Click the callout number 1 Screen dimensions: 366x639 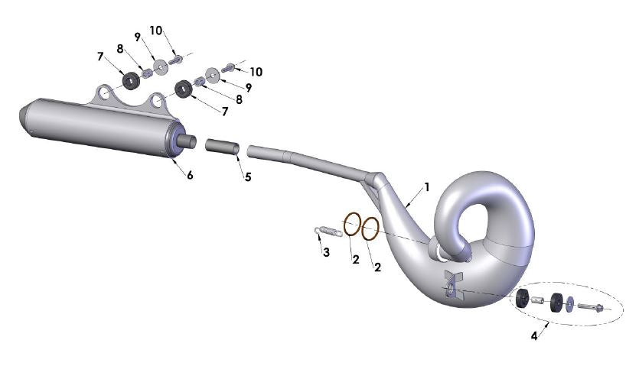pyautogui.click(x=427, y=186)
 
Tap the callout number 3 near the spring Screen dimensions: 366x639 pyautogui.click(x=326, y=252)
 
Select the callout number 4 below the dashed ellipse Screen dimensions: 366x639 pyautogui.click(x=533, y=335)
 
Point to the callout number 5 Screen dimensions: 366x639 pyautogui.click(x=248, y=177)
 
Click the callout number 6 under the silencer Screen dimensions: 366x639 pyautogui.click(x=189, y=175)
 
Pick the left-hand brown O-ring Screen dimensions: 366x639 pyautogui.click(x=351, y=225)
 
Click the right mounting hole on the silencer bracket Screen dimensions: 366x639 pyautogui.click(x=158, y=101)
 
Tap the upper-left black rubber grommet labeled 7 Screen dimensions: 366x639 pyautogui.click(x=129, y=79)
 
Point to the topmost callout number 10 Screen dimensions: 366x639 pyautogui.click(x=156, y=31)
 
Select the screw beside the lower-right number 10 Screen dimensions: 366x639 pyautogui.click(x=229, y=70)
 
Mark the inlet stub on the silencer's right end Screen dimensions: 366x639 pyautogui.click(x=187, y=141)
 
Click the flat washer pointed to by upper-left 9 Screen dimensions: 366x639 pyautogui.click(x=160, y=67)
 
